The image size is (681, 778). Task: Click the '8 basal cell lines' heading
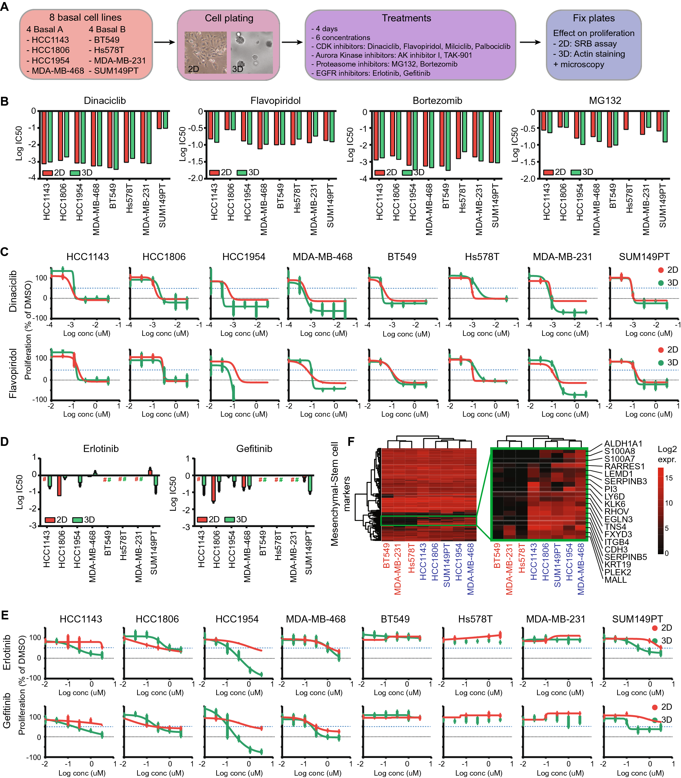pyautogui.click(x=85, y=17)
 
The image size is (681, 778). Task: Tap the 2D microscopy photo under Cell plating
pyautogui.click(x=205, y=52)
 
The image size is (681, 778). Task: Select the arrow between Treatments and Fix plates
pyautogui.click(x=530, y=42)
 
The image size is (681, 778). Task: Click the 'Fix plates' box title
pyautogui.click(x=594, y=18)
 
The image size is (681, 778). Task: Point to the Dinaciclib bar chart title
pyautogui.click(x=105, y=101)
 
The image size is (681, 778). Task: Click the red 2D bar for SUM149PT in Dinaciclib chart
pyautogui.click(x=159, y=120)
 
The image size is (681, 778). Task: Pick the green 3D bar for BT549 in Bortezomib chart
pyautogui.click(x=448, y=141)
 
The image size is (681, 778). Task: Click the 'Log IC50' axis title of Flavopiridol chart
pyautogui.click(x=183, y=144)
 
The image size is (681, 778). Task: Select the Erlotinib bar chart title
pyautogui.click(x=101, y=449)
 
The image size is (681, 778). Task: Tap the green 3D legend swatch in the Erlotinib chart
pyautogui.click(x=77, y=520)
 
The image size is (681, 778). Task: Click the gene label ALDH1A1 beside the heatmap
pyautogui.click(x=623, y=444)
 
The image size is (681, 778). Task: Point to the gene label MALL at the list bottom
pyautogui.click(x=615, y=580)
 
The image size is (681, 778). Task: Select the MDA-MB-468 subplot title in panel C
pyautogui.click(x=322, y=257)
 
